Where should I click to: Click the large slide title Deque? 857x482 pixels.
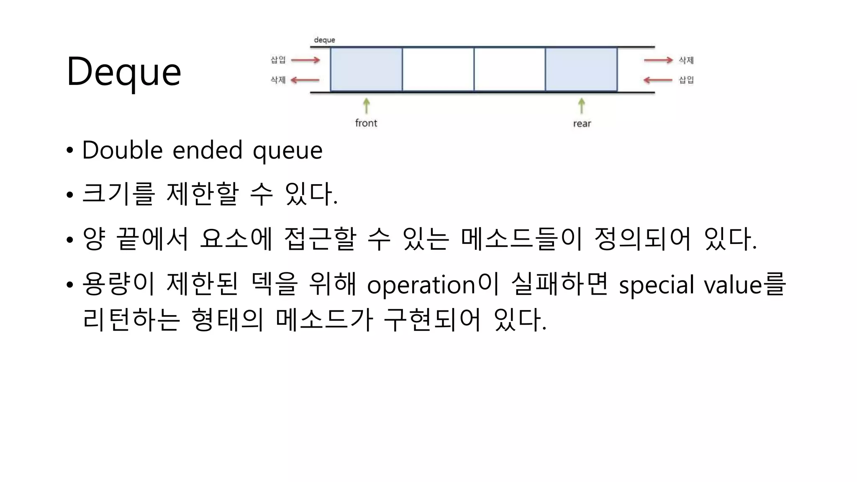click(124, 72)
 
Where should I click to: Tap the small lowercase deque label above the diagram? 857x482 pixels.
click(324, 40)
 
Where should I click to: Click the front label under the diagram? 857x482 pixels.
click(366, 123)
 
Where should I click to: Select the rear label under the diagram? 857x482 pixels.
click(582, 123)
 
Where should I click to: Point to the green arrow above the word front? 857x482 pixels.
click(367, 105)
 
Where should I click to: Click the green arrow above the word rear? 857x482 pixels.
click(582, 105)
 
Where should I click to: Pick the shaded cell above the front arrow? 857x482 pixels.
click(366, 69)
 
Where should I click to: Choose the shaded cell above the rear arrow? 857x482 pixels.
click(581, 69)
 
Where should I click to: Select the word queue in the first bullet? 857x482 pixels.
click(287, 151)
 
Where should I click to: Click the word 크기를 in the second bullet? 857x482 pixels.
click(118, 194)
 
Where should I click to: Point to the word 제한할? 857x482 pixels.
click(203, 194)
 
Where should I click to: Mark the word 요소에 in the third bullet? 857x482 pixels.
click(236, 238)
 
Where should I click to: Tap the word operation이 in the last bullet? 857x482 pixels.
click(433, 285)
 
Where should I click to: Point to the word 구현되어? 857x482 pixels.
click(432, 320)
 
